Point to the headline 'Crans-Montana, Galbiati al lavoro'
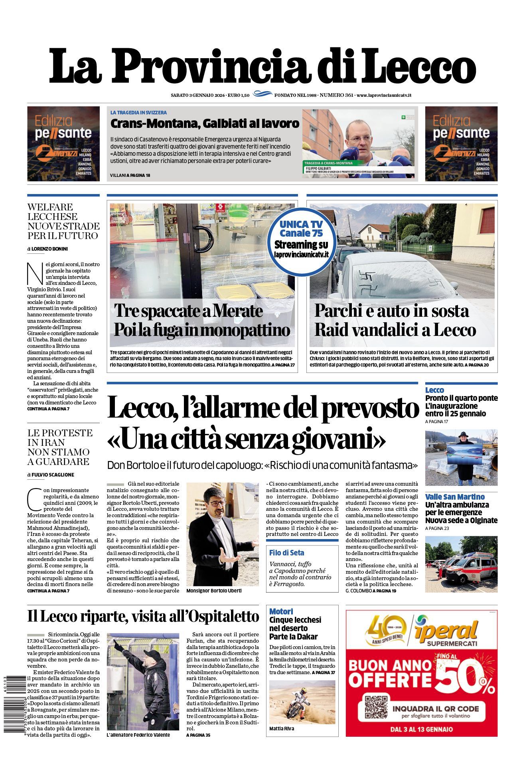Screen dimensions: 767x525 tap(205, 124)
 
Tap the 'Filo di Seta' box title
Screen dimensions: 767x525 tap(286, 553)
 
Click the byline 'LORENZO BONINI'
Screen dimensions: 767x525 tap(49, 249)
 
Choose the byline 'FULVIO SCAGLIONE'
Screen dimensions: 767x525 tap(53, 475)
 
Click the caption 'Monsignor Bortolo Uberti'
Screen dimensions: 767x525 tap(214, 590)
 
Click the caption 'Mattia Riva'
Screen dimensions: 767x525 tap(282, 729)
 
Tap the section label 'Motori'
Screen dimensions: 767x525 tap(281, 611)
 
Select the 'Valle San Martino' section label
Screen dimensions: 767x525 tap(455, 497)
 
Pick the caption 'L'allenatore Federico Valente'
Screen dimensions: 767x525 tap(138, 735)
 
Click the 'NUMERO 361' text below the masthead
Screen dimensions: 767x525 tap(337, 95)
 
